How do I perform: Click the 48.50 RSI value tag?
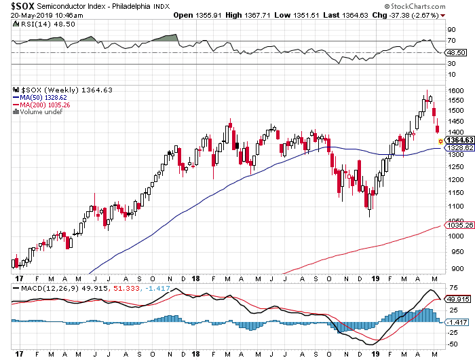tap(454, 52)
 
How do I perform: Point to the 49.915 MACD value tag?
tap(455, 298)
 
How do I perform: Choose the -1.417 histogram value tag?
tap(455, 322)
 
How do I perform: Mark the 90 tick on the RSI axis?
tap(451, 29)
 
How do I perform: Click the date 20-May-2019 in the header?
tap(22, 14)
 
